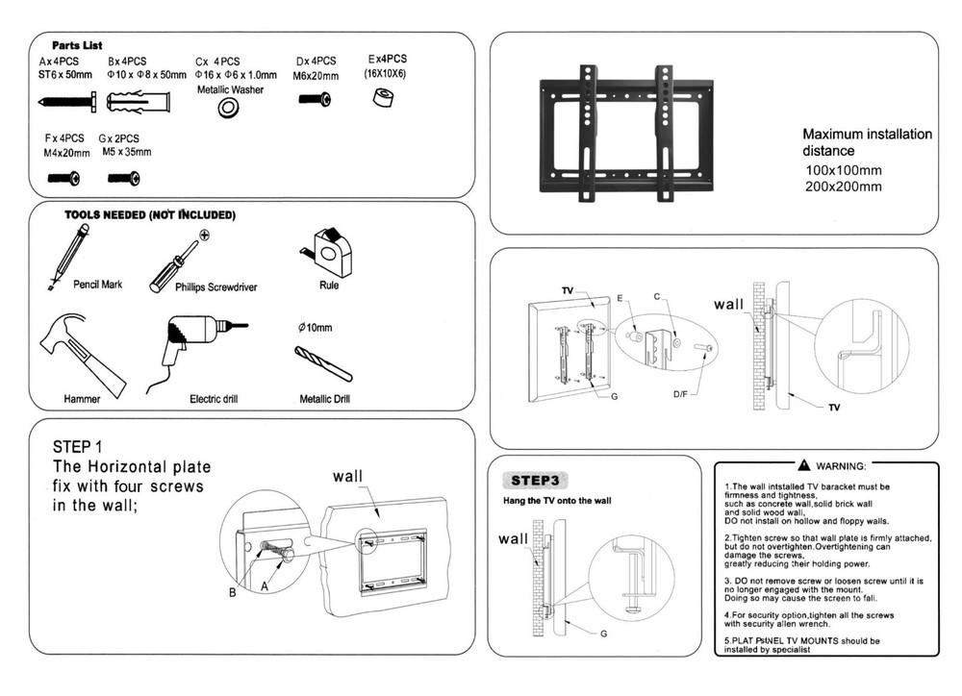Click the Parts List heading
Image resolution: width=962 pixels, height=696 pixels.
click(x=78, y=45)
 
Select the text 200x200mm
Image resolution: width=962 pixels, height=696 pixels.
click(x=843, y=187)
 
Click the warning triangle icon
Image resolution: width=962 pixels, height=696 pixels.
click(x=804, y=465)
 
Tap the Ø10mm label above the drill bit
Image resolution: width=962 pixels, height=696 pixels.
click(x=316, y=328)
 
